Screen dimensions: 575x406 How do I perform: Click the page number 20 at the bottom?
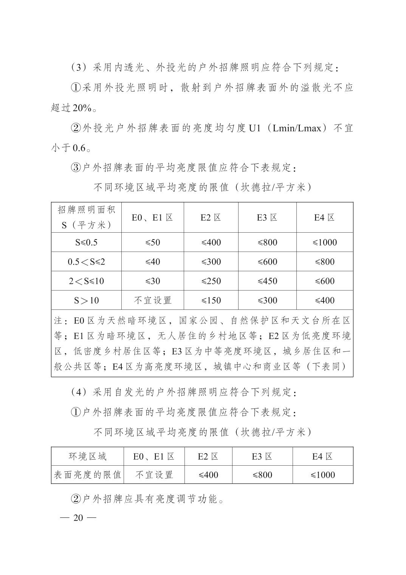pos(78,517)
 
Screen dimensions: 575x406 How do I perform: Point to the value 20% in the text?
pos(82,108)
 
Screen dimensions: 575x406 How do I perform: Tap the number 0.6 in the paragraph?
pos(79,148)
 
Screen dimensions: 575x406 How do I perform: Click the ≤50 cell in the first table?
pos(153,242)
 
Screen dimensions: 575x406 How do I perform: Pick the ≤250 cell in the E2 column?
pos(211,281)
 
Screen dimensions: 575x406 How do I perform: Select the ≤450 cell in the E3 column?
pos(267,281)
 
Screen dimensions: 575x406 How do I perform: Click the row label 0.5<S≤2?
pos(86,262)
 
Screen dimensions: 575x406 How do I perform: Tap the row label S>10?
pos(86,300)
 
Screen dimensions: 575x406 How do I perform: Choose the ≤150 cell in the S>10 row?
pos(211,300)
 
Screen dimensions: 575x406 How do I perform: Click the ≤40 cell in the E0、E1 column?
pos(153,262)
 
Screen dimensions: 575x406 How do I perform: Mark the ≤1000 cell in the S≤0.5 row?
pos(325,242)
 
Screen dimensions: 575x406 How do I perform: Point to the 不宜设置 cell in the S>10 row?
pos(153,300)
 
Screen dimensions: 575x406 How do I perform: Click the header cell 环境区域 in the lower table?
pos(87,457)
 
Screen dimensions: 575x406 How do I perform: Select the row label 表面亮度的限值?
pos(87,475)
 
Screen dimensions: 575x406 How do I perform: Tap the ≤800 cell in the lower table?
pos(262,475)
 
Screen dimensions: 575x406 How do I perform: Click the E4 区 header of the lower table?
pos(322,457)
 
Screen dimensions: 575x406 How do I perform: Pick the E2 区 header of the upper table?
pos(211,218)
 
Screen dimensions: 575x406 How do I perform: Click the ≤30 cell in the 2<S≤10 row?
pos(153,281)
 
